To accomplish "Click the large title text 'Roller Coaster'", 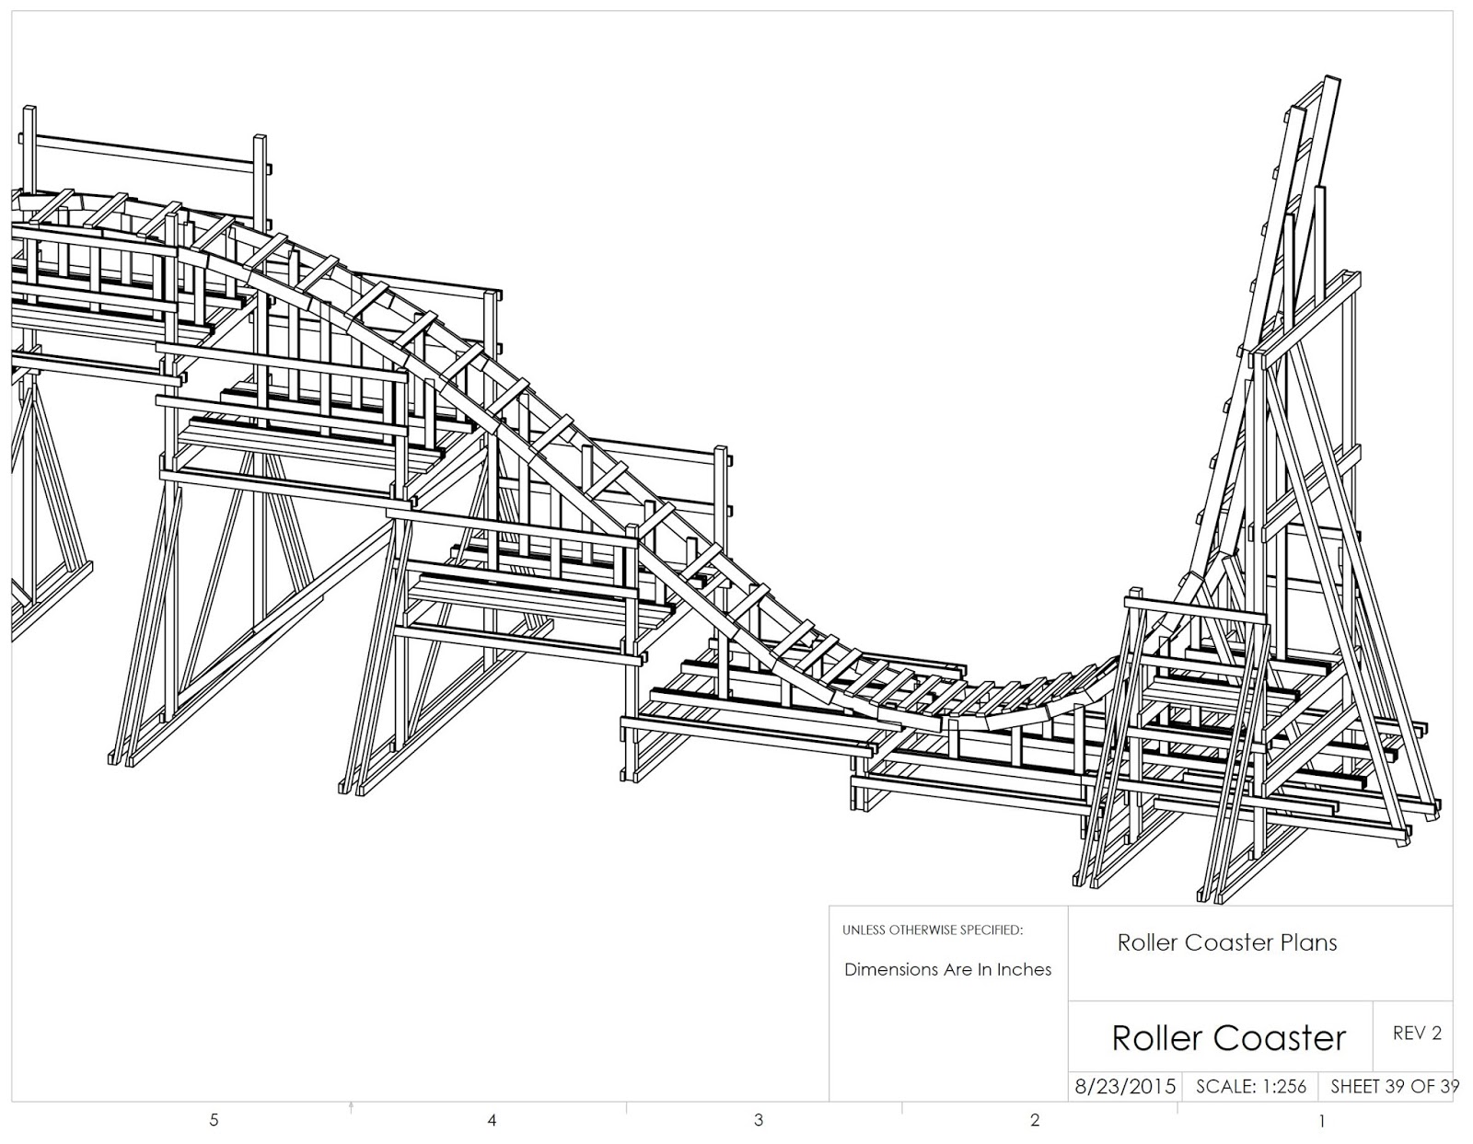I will pyautogui.click(x=1228, y=1037).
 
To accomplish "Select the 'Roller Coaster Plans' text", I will pyautogui.click(x=1226, y=942).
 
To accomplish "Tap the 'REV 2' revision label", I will pyautogui.click(x=1416, y=1033).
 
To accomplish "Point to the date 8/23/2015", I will pyautogui.click(x=1125, y=1086).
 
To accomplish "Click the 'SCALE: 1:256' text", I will pyautogui.click(x=1250, y=1086).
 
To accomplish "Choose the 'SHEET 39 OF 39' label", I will pyautogui.click(x=1394, y=1086).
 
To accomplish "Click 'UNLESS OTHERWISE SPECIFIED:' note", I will pyautogui.click(x=932, y=930).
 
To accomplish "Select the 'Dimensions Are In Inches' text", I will pyautogui.click(x=947, y=969).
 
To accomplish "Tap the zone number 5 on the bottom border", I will pyautogui.click(x=214, y=1120).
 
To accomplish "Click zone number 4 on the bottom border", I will pyautogui.click(x=493, y=1120).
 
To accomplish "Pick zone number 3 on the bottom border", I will pyautogui.click(x=759, y=1120).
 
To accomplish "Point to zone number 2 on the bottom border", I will pyautogui.click(x=1035, y=1120).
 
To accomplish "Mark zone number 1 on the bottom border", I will pyautogui.click(x=1322, y=1121).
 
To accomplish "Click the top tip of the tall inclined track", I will pyautogui.click(x=1329, y=81).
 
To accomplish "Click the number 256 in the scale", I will pyautogui.click(x=1290, y=1086).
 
